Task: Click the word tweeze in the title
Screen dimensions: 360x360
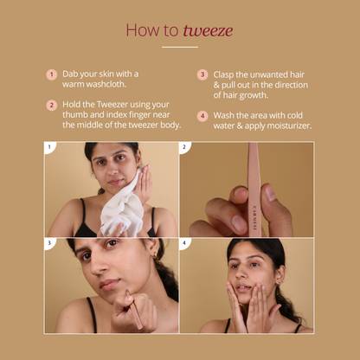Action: (x=208, y=30)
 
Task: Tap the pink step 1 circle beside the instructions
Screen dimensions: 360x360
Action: (x=51, y=74)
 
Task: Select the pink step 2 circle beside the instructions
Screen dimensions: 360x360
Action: (x=51, y=106)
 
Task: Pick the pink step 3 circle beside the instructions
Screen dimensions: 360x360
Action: (x=202, y=74)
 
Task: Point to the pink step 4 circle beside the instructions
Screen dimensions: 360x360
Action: (x=202, y=116)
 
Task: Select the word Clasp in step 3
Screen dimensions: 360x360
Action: (x=223, y=74)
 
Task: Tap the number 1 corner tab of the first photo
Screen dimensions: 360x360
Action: (x=49, y=148)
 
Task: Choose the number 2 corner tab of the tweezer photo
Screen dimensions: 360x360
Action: (x=184, y=148)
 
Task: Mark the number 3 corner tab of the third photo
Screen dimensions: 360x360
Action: (x=49, y=243)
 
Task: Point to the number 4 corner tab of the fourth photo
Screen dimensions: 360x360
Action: (x=184, y=243)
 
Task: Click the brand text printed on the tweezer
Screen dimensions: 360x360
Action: (x=254, y=216)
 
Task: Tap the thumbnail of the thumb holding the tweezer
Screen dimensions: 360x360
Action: (x=271, y=193)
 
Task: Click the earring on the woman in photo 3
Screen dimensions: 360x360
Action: (x=155, y=257)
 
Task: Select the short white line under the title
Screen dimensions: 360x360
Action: (x=180, y=47)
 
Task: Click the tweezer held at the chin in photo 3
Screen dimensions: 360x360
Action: (x=132, y=309)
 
